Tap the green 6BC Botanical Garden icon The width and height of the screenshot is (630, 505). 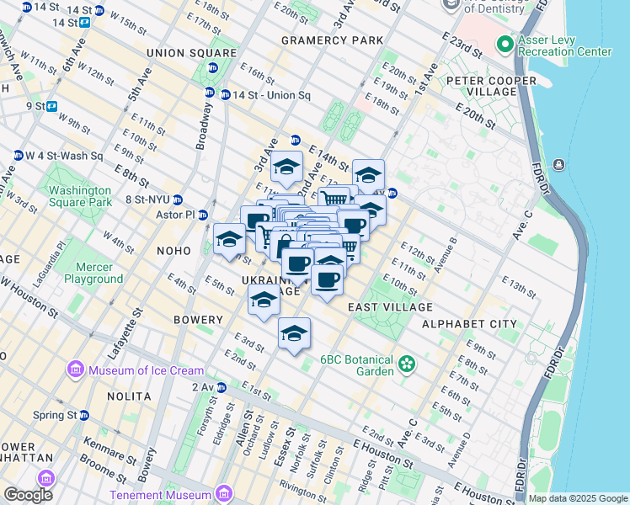point(408,364)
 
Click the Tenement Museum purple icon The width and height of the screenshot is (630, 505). point(224,494)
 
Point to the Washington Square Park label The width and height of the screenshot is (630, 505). point(80,196)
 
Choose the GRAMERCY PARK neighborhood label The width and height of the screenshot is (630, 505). point(332,40)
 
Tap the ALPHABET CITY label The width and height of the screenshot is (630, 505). point(469,324)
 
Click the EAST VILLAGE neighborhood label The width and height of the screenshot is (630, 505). point(390,308)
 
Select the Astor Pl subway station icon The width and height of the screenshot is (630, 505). point(203,215)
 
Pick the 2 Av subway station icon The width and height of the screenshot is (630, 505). point(222,387)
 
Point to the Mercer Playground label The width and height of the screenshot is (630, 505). point(93,273)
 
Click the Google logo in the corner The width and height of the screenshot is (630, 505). point(29,495)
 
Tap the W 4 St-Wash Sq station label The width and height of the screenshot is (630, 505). point(64,155)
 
